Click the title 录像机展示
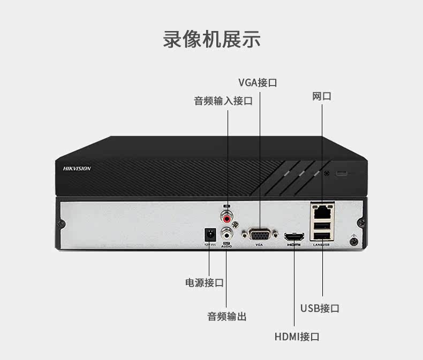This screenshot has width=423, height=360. [211, 40]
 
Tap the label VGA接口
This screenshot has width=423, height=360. [258, 82]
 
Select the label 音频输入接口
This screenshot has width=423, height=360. [223, 101]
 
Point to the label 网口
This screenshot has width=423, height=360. [322, 96]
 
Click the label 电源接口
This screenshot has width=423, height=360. [204, 282]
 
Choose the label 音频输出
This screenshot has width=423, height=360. [227, 316]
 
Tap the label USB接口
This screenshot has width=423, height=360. [320, 308]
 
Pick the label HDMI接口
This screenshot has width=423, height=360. [297, 337]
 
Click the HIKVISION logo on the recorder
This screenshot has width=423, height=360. [77, 168]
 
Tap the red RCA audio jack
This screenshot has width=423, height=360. [228, 218]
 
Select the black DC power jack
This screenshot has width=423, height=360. [209, 234]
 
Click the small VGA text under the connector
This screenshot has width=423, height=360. [259, 244]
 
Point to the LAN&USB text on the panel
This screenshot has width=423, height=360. [321, 244]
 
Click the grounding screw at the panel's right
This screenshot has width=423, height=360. [353, 241]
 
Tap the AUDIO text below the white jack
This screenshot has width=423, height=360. [226, 244]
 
